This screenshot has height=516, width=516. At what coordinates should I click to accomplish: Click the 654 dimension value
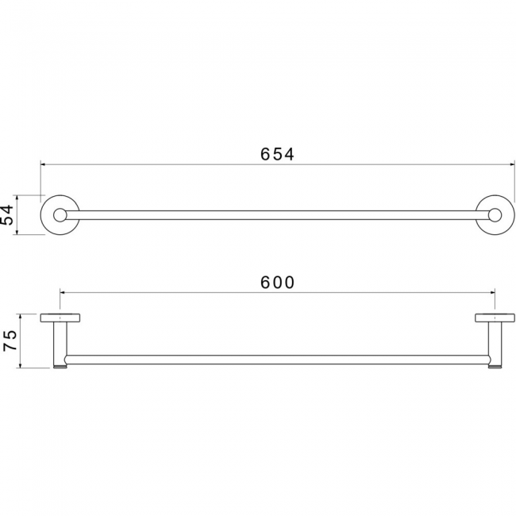pyautogui.click(x=277, y=154)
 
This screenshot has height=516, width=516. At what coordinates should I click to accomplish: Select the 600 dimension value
pyautogui.click(x=277, y=283)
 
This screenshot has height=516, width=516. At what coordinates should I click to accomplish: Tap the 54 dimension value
pyautogui.click(x=7, y=215)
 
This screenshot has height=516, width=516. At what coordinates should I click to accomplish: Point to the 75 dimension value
pyautogui.click(x=10, y=341)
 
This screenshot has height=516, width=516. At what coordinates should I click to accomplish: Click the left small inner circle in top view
pyautogui.click(x=60, y=215)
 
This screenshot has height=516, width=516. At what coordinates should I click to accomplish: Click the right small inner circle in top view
pyautogui.click(x=495, y=215)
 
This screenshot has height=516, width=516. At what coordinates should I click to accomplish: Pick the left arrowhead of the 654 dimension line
pyautogui.click(x=43, y=164)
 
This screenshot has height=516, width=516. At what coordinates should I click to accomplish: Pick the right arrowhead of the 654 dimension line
pyautogui.click(x=511, y=164)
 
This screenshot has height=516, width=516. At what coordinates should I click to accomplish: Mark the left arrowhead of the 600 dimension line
pyautogui.click(x=63, y=292)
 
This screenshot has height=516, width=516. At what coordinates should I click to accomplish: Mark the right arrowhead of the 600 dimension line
pyautogui.click(x=492, y=292)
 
